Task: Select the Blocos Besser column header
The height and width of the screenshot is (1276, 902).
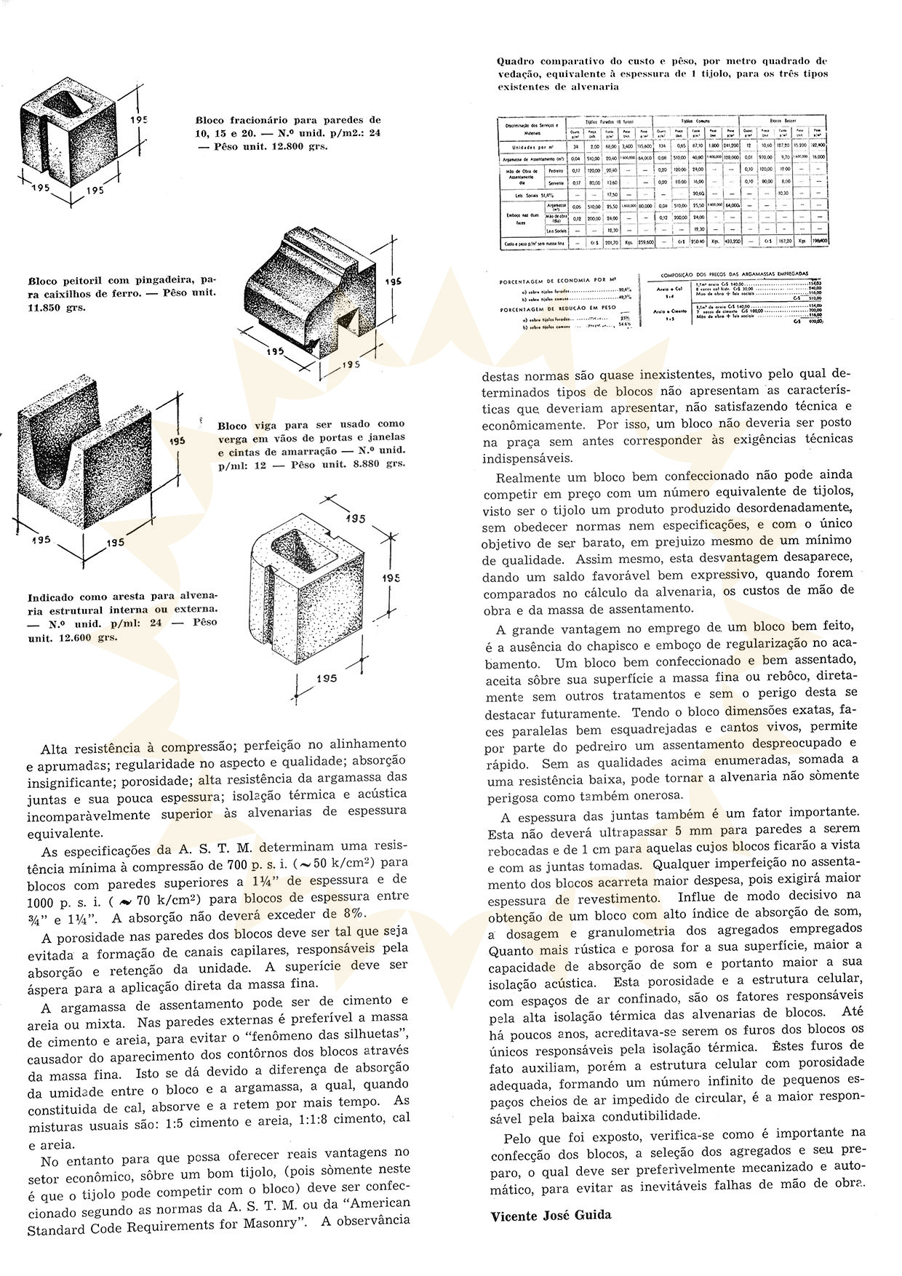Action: click(x=783, y=121)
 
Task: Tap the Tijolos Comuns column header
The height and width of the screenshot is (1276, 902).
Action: click(x=696, y=121)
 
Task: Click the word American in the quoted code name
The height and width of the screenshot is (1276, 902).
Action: click(x=374, y=1203)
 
